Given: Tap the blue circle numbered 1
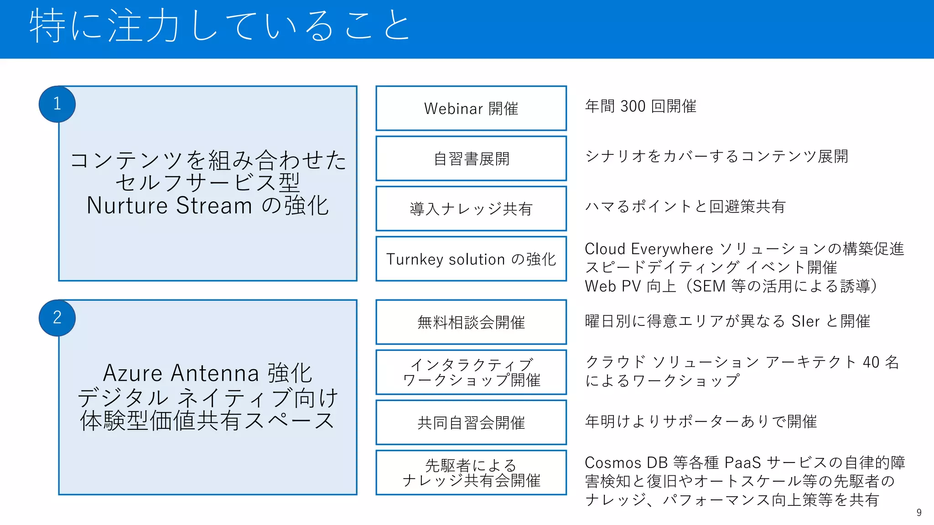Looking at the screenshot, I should [x=57, y=104].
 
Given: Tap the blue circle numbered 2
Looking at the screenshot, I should [x=57, y=318].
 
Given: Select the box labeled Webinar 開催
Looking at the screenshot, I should [x=471, y=108].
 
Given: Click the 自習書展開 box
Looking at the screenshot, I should [x=471, y=159].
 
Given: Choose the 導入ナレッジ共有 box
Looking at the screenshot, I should [x=471, y=209].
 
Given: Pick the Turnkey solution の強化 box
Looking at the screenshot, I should [x=471, y=259].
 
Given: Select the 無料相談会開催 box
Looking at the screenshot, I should [x=471, y=322].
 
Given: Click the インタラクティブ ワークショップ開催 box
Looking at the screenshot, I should [x=471, y=372].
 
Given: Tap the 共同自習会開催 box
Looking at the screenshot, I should [x=471, y=422].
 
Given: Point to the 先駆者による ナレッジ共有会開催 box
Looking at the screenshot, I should [x=471, y=473].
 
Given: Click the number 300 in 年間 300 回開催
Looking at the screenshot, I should [x=633, y=106].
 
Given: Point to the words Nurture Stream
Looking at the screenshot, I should [x=169, y=206].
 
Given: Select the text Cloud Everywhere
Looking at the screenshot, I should [x=649, y=249].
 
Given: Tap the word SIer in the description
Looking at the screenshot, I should [x=805, y=321].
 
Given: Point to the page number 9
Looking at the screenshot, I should [x=919, y=513].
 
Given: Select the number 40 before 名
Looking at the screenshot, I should [x=871, y=362].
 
